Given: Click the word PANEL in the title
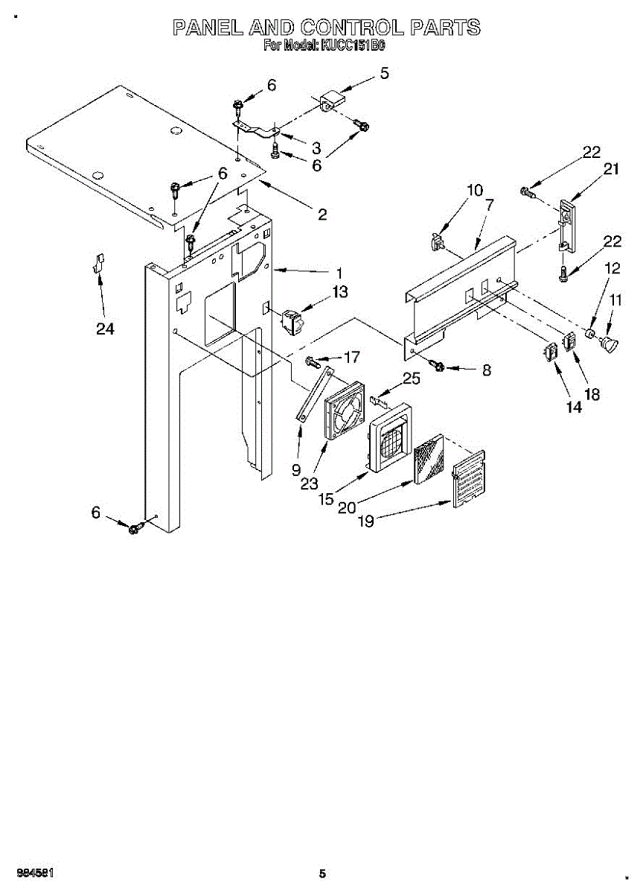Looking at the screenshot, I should click(x=208, y=28).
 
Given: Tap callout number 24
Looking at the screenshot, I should click(x=105, y=329).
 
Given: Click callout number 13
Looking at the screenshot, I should click(x=339, y=293).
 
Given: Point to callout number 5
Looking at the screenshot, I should click(x=384, y=73).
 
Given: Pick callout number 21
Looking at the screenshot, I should click(x=611, y=169).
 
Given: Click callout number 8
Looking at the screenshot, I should click(x=487, y=370).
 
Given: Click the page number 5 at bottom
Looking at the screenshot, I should click(x=321, y=874).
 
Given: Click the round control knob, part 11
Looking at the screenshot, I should click(x=610, y=345).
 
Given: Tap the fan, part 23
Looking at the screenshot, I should click(x=344, y=410).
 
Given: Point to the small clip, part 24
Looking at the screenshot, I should click(x=97, y=263).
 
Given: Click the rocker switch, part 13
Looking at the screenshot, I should click(x=290, y=321).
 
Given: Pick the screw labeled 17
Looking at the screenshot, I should click(x=312, y=363).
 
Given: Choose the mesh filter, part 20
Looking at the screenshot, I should click(x=427, y=460).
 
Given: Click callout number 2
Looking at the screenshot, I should click(x=322, y=215).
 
